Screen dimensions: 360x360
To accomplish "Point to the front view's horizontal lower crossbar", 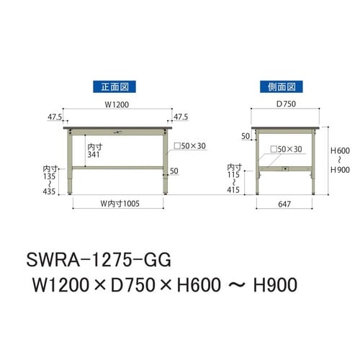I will [x=119, y=167].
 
